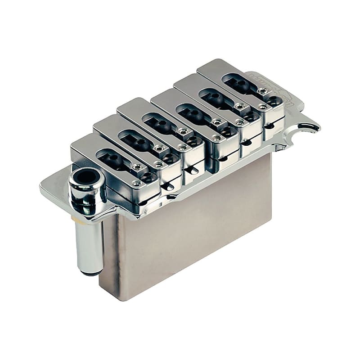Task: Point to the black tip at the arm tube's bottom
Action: click(x=89, y=271)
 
